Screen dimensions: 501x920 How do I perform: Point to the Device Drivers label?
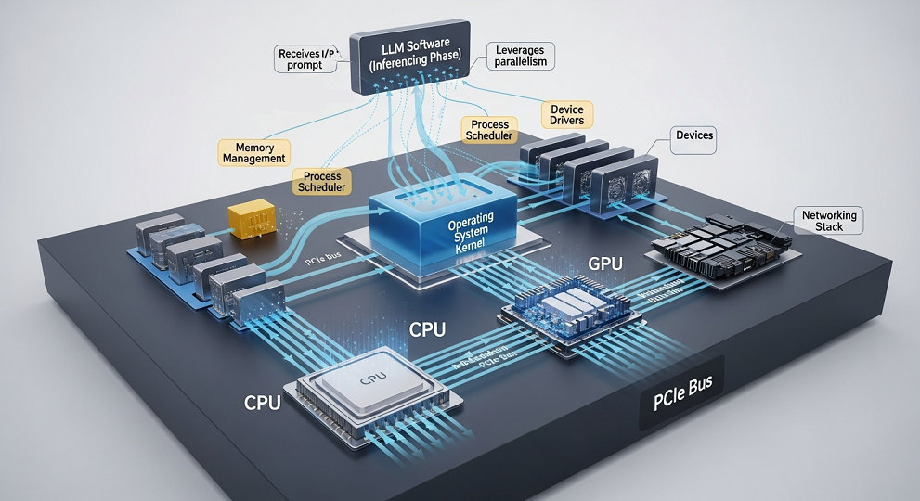(x=562, y=115)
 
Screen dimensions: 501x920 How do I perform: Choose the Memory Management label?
(x=253, y=152)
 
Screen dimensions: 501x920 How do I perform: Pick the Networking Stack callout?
(x=829, y=220)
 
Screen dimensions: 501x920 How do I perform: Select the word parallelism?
(x=521, y=62)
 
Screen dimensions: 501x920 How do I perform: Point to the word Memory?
(x=253, y=146)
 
